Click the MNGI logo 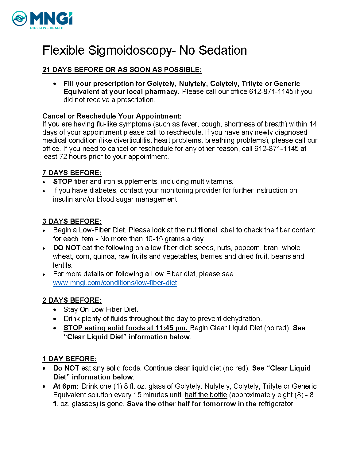[x=42, y=20]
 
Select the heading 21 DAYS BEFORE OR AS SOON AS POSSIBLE [x=122, y=70]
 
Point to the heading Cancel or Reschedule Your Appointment [x=112, y=116]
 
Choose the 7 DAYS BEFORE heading [x=72, y=173]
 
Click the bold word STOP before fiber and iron [x=62, y=181]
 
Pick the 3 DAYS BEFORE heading [x=72, y=221]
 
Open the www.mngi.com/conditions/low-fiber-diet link [x=115, y=283]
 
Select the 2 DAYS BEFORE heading [x=72, y=300]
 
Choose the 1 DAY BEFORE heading [x=69, y=359]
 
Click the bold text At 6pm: [x=66, y=386]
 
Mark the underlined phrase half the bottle [x=206, y=395]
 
